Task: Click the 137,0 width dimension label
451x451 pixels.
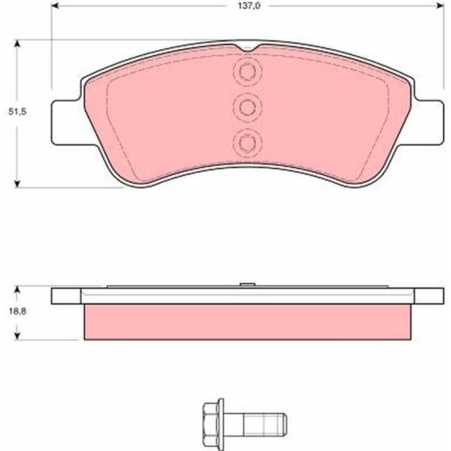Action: point(249,6)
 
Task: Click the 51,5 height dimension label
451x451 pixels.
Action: point(17,112)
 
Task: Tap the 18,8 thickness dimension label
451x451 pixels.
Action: point(18,311)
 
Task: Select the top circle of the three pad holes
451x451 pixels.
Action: point(247,71)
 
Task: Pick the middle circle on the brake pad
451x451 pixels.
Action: point(247,107)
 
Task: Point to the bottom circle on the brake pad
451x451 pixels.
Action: point(247,142)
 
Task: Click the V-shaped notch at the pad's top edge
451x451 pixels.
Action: point(247,48)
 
